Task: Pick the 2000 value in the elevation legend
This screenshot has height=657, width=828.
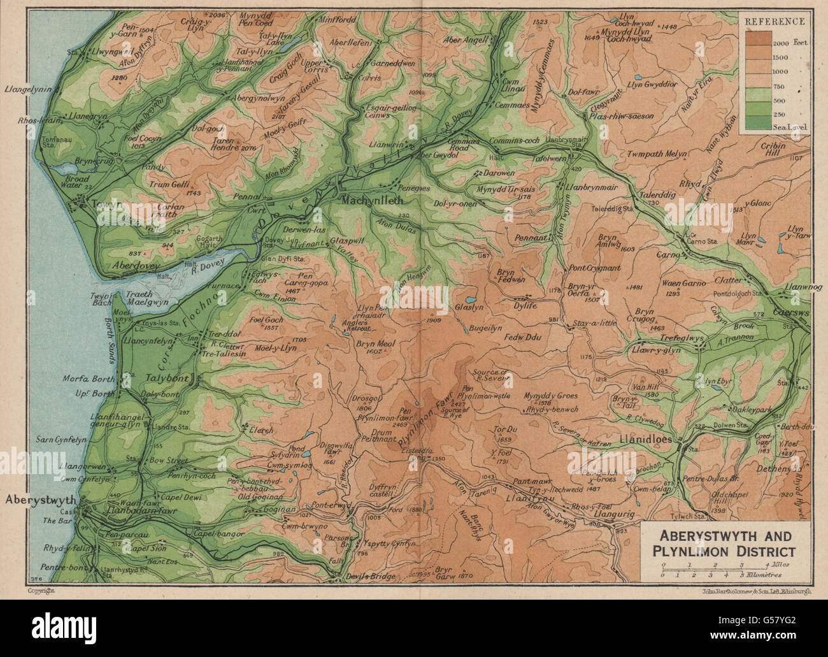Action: (x=781, y=43)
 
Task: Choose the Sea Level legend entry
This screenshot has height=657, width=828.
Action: (x=790, y=127)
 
